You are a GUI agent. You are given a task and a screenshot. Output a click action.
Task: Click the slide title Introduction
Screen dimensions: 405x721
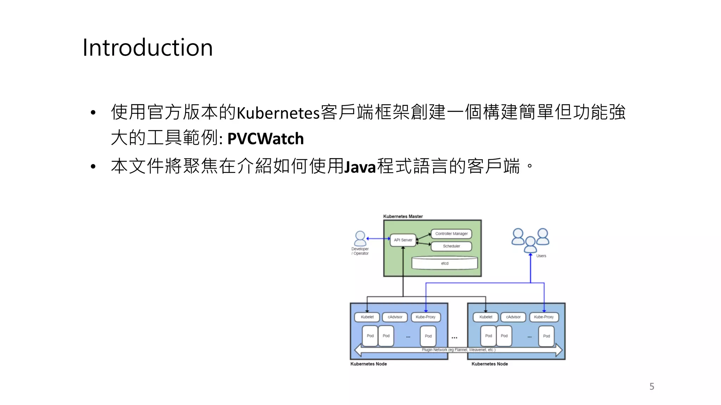tap(148, 47)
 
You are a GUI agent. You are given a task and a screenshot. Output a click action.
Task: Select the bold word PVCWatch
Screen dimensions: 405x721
tap(265, 139)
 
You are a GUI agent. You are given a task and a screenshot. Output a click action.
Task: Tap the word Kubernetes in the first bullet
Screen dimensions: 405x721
tap(278, 113)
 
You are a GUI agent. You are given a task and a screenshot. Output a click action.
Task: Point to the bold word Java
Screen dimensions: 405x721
tap(360, 167)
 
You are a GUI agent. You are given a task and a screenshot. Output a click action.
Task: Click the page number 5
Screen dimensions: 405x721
tap(652, 386)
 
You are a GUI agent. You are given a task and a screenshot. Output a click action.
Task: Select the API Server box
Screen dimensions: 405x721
tap(403, 240)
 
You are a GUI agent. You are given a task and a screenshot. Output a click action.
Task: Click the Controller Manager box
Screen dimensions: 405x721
tap(451, 234)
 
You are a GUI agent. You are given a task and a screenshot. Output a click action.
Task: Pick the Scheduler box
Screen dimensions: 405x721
tap(451, 246)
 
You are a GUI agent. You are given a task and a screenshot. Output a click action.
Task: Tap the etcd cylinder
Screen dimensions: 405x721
tap(445, 263)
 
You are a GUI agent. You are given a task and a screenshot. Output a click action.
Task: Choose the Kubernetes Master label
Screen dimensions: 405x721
tap(403, 217)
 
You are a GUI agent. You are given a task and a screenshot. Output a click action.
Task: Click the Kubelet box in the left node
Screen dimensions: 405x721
tap(367, 317)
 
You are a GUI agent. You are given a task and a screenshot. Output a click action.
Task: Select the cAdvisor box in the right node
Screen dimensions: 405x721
tap(513, 317)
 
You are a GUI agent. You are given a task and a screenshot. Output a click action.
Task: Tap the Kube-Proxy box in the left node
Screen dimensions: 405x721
tap(425, 317)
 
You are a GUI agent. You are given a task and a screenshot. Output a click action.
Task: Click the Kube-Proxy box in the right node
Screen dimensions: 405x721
tap(544, 317)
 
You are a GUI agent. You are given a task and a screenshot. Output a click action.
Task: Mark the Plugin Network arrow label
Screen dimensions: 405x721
tap(458, 350)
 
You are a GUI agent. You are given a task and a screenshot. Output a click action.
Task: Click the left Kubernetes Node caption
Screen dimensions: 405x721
tap(369, 364)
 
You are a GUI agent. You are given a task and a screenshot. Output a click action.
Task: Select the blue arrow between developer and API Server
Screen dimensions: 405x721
tap(378, 239)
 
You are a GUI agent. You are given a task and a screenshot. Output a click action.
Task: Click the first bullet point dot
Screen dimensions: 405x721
tap(93, 113)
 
